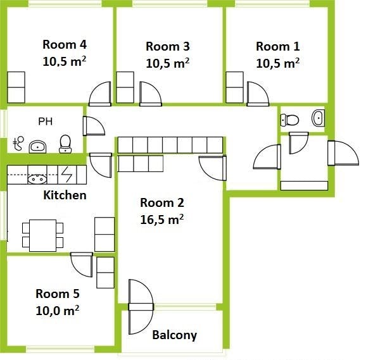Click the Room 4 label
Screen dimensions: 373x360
coord(65,45)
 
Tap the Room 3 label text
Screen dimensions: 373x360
coord(168,46)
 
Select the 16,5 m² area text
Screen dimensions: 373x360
coord(162,220)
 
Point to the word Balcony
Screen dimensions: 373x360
coord(174,335)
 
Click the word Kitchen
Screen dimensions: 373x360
coord(65,196)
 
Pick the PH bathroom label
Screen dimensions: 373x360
coord(45,121)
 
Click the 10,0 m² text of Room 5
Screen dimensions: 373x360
coord(58,311)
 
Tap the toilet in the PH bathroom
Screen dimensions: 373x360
coord(65,144)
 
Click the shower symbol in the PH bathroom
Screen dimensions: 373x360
coord(18,143)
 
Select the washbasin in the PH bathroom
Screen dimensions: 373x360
coord(37,147)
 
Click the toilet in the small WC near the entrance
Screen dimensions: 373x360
coord(289,120)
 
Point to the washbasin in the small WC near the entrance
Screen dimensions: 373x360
coord(318,118)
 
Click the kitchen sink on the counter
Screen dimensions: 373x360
coord(37,179)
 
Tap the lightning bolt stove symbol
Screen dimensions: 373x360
coord(66,174)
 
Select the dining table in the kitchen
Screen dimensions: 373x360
coord(42,235)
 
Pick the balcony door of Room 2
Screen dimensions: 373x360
coord(141,307)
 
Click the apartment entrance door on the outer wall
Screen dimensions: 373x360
coord(343,153)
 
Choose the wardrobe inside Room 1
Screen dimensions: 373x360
coord(234,87)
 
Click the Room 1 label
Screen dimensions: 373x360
coord(277,46)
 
